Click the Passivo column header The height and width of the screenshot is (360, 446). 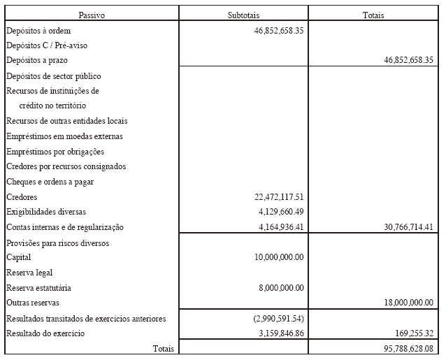tap(92, 15)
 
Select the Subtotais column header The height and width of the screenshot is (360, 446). tap(243, 15)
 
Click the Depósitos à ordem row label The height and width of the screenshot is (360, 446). tap(38, 31)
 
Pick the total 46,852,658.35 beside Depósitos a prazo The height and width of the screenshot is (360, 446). tap(408, 61)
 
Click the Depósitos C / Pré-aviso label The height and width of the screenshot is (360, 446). tap(46, 45)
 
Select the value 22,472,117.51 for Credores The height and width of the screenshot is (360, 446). tap(278, 197)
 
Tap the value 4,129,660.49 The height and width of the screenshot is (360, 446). tap(280, 212)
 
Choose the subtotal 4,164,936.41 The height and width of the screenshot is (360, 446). tap(280, 227)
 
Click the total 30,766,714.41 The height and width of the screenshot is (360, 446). tap(408, 227)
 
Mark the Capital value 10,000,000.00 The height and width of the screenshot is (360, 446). tap(279, 257)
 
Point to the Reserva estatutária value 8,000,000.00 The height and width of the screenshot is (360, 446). tap(281, 287)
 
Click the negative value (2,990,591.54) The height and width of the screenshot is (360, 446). tap(279, 319)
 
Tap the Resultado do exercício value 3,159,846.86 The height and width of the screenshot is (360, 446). tap(280, 333)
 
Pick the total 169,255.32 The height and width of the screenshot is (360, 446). tap(415, 333)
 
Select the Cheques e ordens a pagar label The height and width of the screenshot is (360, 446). tap(50, 182)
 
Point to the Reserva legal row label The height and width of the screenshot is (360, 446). tap(29, 273)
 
